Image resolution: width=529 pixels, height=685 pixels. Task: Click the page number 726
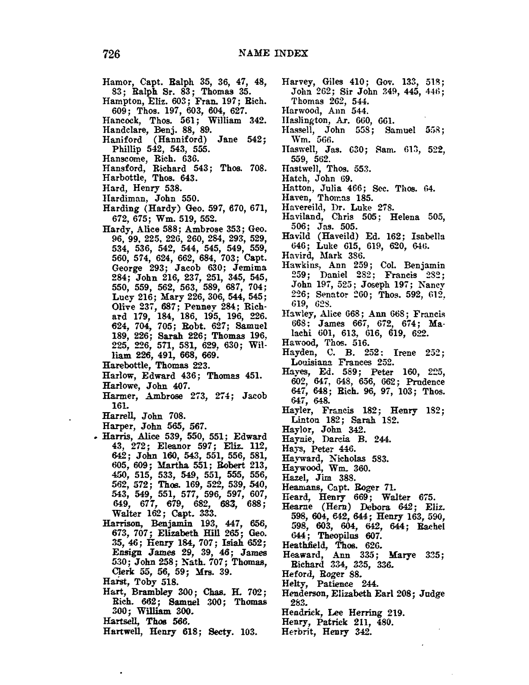click(x=111, y=54)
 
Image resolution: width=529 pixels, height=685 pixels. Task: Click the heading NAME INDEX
click(x=273, y=53)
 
